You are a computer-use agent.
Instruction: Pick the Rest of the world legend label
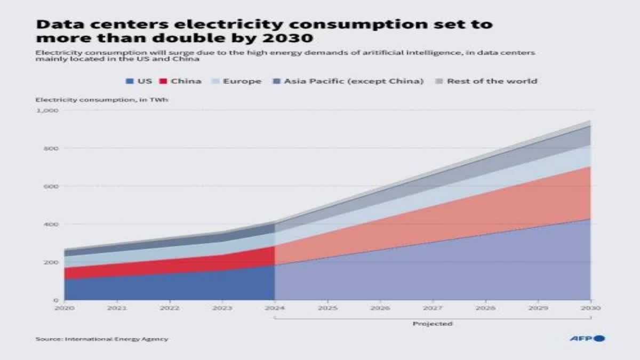coord(492,81)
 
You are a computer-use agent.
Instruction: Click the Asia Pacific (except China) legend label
coord(354,81)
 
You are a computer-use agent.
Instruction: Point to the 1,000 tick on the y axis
coord(47,110)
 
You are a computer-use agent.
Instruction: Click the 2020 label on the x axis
coord(64,308)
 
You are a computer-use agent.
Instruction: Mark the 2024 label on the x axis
coord(275,308)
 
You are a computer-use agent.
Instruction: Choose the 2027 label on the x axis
coord(433,308)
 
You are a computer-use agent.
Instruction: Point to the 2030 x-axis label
coord(590,308)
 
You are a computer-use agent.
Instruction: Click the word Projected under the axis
coord(433,324)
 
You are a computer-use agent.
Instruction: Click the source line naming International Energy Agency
coord(101,339)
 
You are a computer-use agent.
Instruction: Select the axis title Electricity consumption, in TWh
coord(102,100)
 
